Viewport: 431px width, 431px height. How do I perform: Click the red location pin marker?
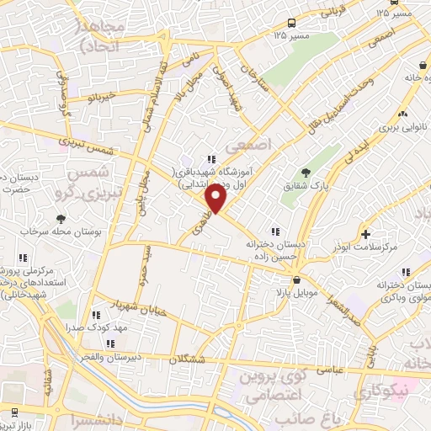[x=216, y=199]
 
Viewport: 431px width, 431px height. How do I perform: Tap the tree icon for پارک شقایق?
[x=305, y=171]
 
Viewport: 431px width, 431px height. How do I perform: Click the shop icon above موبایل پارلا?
[x=295, y=279]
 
